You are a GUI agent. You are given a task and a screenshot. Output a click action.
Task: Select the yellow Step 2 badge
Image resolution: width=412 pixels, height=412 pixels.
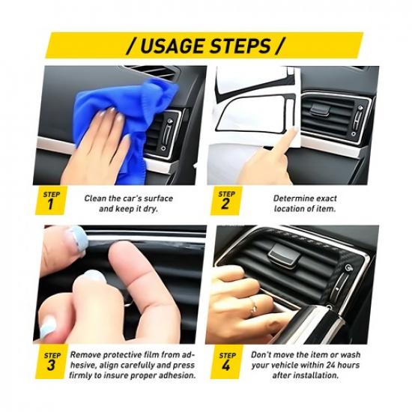coord(226,202)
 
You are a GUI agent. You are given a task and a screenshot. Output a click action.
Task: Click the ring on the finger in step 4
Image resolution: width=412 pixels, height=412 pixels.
coord(254,304)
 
